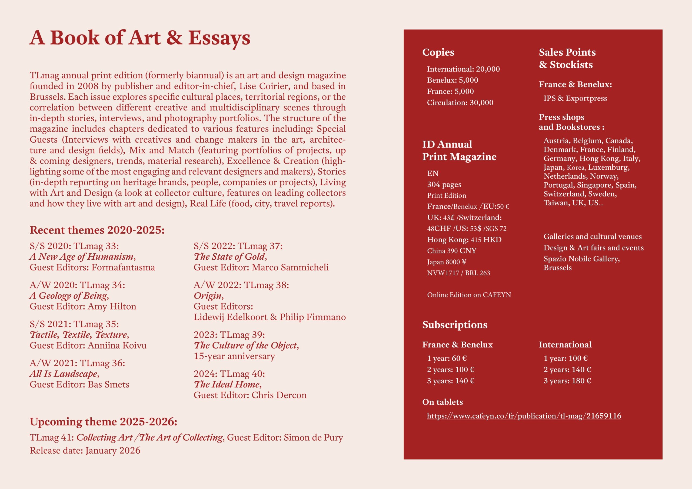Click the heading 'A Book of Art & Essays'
point(139,38)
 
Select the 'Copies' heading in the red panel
point(438,52)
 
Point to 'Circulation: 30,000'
point(460,102)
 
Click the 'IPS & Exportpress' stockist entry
point(575,98)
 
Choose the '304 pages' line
point(444,185)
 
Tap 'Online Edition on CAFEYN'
point(469,295)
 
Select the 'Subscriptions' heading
point(454,324)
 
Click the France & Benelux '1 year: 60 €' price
point(447,358)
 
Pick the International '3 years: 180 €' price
point(567,381)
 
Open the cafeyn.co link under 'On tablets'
point(524,416)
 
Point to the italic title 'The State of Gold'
point(230,257)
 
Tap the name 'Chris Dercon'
point(279,395)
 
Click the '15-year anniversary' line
point(234,356)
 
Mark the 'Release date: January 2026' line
point(85,450)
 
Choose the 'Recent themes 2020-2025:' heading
point(97,230)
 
